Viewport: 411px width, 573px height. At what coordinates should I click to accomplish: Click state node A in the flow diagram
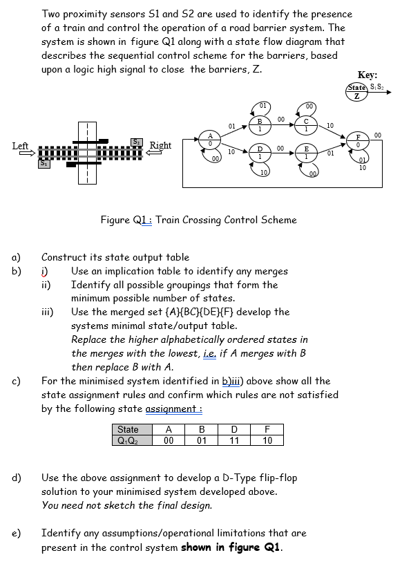pos(209,140)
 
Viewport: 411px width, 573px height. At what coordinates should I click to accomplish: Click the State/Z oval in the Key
pos(357,92)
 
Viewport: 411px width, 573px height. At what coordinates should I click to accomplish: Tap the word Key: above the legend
pos(367,75)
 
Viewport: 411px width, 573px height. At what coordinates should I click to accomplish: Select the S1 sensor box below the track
pos(43,163)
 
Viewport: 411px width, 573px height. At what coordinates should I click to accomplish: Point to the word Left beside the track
pos(21,146)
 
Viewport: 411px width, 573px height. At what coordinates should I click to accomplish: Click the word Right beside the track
pos(160,146)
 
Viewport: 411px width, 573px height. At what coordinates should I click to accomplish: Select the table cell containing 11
pos(234,439)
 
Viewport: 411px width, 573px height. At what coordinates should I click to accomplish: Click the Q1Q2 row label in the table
pos(128,439)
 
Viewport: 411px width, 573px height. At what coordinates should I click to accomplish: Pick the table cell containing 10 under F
pos(267,439)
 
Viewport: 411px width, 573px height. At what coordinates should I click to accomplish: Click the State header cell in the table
pos(128,429)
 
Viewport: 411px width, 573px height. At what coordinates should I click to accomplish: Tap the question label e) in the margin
pos(15,533)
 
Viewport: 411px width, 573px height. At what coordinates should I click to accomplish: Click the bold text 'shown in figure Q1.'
pos(234,547)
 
